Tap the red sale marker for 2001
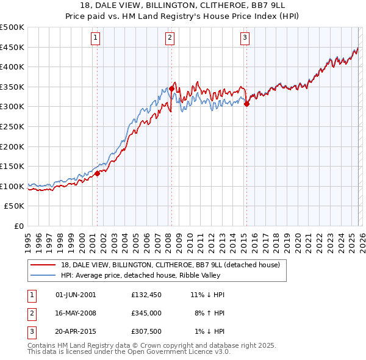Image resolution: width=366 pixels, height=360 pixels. tap(97, 173)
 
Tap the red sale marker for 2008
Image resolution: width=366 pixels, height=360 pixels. tap(171, 88)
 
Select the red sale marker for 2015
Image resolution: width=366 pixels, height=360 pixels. tap(246, 104)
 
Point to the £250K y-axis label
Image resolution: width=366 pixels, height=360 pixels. tap(12, 126)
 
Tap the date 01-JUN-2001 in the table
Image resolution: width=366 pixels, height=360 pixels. tap(76, 294)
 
